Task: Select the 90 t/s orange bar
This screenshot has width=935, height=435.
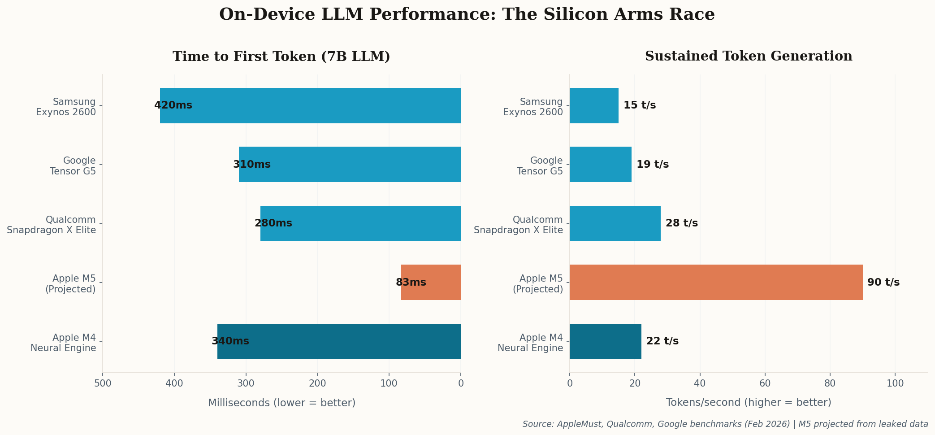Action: point(716,282)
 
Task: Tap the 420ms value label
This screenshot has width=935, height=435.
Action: point(173,105)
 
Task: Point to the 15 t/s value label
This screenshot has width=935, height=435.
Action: point(640,105)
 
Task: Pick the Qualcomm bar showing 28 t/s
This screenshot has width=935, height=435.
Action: point(615,223)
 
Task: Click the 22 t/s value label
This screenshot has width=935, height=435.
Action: point(662,341)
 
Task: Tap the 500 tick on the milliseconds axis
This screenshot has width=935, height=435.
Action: point(103,383)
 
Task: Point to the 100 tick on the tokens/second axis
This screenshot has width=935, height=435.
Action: point(895,383)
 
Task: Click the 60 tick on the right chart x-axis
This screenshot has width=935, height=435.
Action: point(765,383)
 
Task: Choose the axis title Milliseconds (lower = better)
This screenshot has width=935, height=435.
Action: point(281,403)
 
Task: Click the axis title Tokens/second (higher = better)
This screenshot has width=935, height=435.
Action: point(749,402)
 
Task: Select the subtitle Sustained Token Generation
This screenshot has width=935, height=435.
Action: point(749,57)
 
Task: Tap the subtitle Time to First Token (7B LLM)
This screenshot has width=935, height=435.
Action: point(281,57)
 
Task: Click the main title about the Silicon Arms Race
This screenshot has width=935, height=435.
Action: point(467,14)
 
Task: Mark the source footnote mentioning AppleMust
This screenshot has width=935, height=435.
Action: point(725,424)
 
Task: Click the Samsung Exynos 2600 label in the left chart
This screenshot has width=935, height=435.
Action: point(66,107)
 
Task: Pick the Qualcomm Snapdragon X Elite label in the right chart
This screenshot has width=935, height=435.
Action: point(518,225)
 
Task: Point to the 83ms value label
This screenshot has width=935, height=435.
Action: point(411,283)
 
